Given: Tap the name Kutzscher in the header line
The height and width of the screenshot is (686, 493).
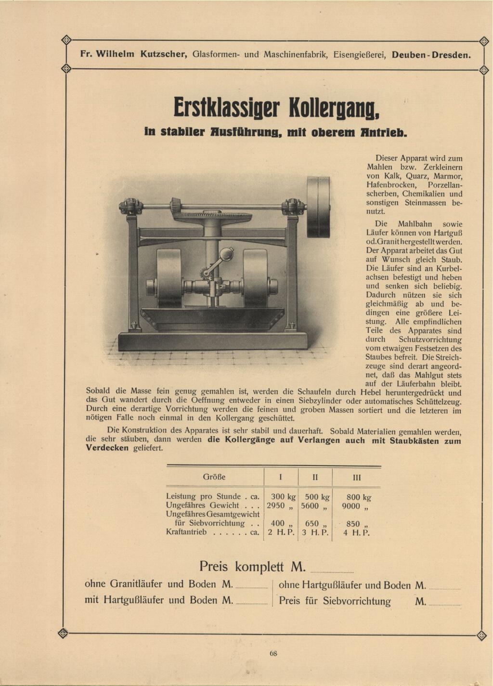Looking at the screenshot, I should coord(163,54).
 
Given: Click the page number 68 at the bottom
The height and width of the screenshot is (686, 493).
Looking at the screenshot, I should coord(273,653).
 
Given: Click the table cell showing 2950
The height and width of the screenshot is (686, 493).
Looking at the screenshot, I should coord(276,505).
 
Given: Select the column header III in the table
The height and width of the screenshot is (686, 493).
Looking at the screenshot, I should coord(356,478).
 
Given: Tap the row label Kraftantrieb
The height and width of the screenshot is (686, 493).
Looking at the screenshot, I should coord(186,532).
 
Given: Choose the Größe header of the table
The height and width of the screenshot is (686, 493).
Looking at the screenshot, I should coord(214,477).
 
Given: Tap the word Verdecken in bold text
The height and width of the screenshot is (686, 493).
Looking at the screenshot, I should coord(107,448).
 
